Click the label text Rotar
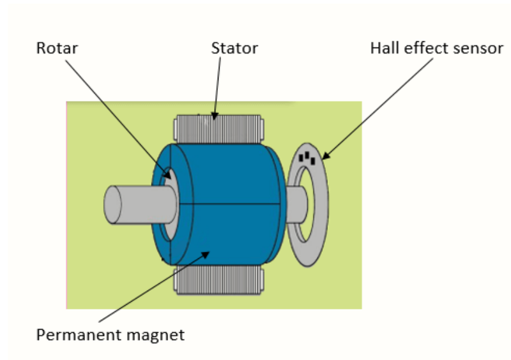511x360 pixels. pos(57,49)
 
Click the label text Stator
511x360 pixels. pos(234,49)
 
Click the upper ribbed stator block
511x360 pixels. pos(218,129)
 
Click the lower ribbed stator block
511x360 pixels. pos(218,280)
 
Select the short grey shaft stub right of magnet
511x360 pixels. pos(296,204)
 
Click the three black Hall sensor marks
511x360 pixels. pos(307,158)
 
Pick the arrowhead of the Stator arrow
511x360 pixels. pos(214,116)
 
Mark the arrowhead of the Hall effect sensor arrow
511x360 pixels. pos(326,156)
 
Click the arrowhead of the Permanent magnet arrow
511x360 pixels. pos(205,254)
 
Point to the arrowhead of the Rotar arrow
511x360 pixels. pos(167,175)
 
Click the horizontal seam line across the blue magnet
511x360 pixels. pos(230,204)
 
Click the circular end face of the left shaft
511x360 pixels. pos(112,205)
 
